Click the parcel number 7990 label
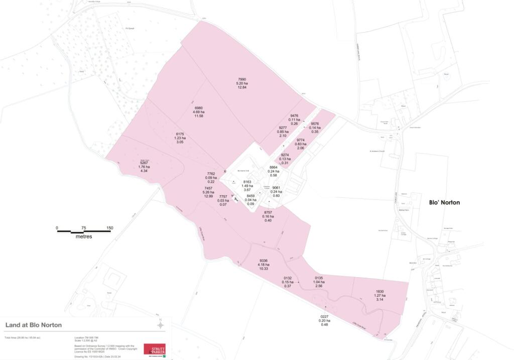[242, 79]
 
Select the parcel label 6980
[199, 107]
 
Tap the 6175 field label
[180, 134]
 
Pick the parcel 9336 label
[264, 261]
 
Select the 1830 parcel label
[380, 291]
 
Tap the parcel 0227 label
[324, 316]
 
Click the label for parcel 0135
[319, 278]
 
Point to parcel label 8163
[247, 182]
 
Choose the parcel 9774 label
[301, 140]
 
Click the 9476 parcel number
[294, 115]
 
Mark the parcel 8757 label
[268, 212]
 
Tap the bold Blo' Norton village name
[444, 202]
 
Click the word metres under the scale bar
[83, 236]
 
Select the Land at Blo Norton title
[34, 325]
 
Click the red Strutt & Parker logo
[154, 349]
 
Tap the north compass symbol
[160, 325]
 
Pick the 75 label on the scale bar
[83, 228]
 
